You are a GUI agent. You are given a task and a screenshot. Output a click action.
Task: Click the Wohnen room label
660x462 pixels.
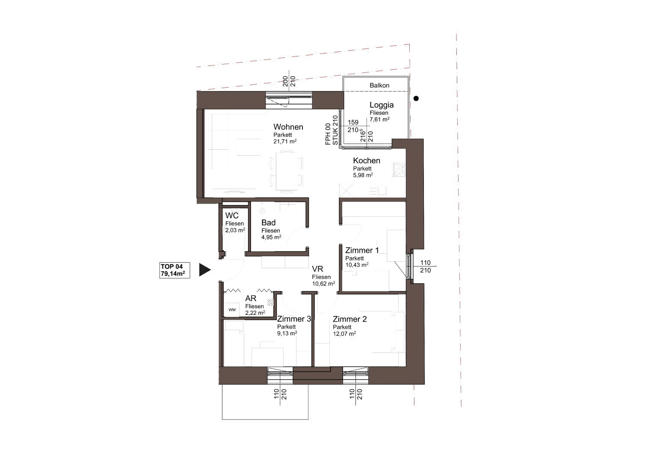tap(288, 127)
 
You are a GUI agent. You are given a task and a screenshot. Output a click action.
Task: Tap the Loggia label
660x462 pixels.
tap(382, 105)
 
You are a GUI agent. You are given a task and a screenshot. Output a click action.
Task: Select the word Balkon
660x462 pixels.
tap(379, 86)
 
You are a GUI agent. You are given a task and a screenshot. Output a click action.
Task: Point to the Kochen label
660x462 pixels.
tap(367, 160)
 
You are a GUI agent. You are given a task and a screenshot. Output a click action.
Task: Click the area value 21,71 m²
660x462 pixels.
tap(285, 142)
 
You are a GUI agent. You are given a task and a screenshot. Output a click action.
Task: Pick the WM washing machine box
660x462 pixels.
tap(232, 310)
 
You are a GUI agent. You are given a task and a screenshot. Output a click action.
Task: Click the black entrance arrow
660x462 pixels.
tap(205, 270)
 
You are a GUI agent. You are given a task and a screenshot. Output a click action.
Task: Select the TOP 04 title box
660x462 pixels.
tap(175, 270)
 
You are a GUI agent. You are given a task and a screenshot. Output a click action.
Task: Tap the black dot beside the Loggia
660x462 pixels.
tap(416, 98)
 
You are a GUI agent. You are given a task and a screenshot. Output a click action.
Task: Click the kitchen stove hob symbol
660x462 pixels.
tap(399, 170)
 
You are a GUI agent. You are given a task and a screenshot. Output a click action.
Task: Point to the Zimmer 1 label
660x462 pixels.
tap(362, 250)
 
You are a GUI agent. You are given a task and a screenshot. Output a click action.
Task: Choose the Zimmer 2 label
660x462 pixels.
tap(350, 319)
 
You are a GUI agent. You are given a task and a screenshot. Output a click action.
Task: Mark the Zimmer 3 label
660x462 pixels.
tap(294, 319)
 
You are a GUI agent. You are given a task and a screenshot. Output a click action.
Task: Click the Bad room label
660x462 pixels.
tap(269, 223)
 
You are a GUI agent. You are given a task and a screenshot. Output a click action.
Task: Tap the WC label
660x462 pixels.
tap(232, 216)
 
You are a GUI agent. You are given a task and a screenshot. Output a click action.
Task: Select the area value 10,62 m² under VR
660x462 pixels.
tap(323, 284)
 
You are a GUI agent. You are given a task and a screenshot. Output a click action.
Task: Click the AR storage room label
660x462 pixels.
tap(251, 299)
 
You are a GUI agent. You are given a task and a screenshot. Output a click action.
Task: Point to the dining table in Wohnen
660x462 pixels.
tap(287, 171)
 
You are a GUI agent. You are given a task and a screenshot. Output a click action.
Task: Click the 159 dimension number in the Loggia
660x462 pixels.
tap(353, 122)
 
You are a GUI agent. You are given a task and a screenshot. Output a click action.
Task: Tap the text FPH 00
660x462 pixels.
tap(328, 134)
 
